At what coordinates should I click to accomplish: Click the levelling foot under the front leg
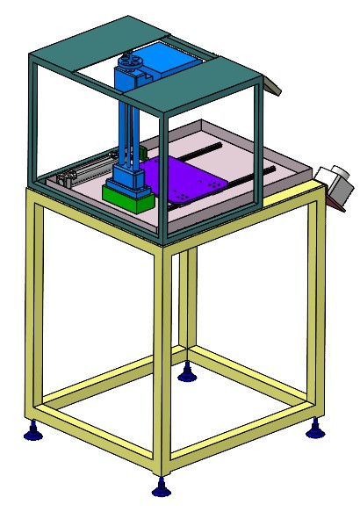[x=160, y=487]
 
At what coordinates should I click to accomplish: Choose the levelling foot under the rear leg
[x=186, y=375]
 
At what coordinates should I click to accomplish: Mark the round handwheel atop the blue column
[x=131, y=62]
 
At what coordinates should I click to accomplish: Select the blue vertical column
[x=129, y=123]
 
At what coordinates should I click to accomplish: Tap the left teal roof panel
[x=88, y=44]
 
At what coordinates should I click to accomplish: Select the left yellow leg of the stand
[x=34, y=307]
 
